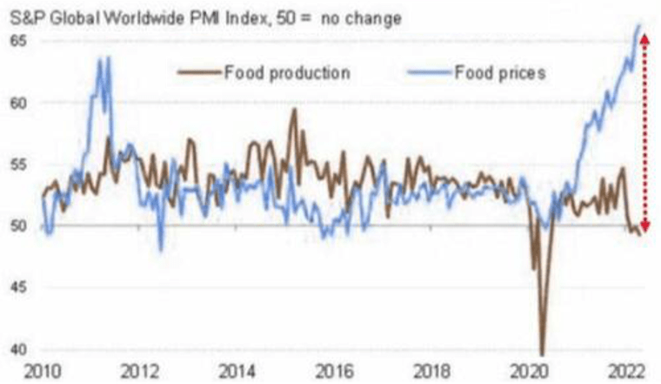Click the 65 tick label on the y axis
(18, 41)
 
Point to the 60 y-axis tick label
(18, 103)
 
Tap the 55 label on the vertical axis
(18, 165)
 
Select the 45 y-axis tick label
(18, 287)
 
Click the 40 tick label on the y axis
(18, 349)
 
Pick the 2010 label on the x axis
(43, 372)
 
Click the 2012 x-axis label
(140, 372)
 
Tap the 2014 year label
(237, 372)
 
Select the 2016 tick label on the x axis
(334, 372)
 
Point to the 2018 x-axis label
(431, 372)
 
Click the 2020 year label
(529, 372)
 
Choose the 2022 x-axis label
(626, 372)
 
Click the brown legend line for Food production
(199, 72)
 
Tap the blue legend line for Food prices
(430, 72)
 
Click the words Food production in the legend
(287, 72)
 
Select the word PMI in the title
(207, 18)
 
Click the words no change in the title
(361, 18)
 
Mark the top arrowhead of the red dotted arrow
(644, 39)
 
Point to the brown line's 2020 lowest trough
(542, 354)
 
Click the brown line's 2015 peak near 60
(294, 110)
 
